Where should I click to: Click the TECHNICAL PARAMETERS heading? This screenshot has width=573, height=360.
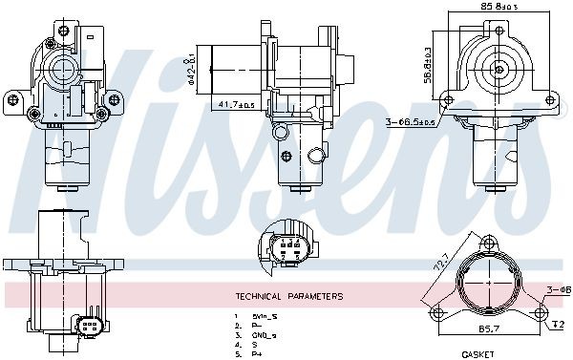tap(288, 296)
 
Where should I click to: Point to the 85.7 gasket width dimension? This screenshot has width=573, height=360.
tap(487, 328)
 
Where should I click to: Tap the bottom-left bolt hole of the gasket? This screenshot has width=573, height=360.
tap(437, 313)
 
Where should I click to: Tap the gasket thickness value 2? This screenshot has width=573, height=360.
tap(562, 325)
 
